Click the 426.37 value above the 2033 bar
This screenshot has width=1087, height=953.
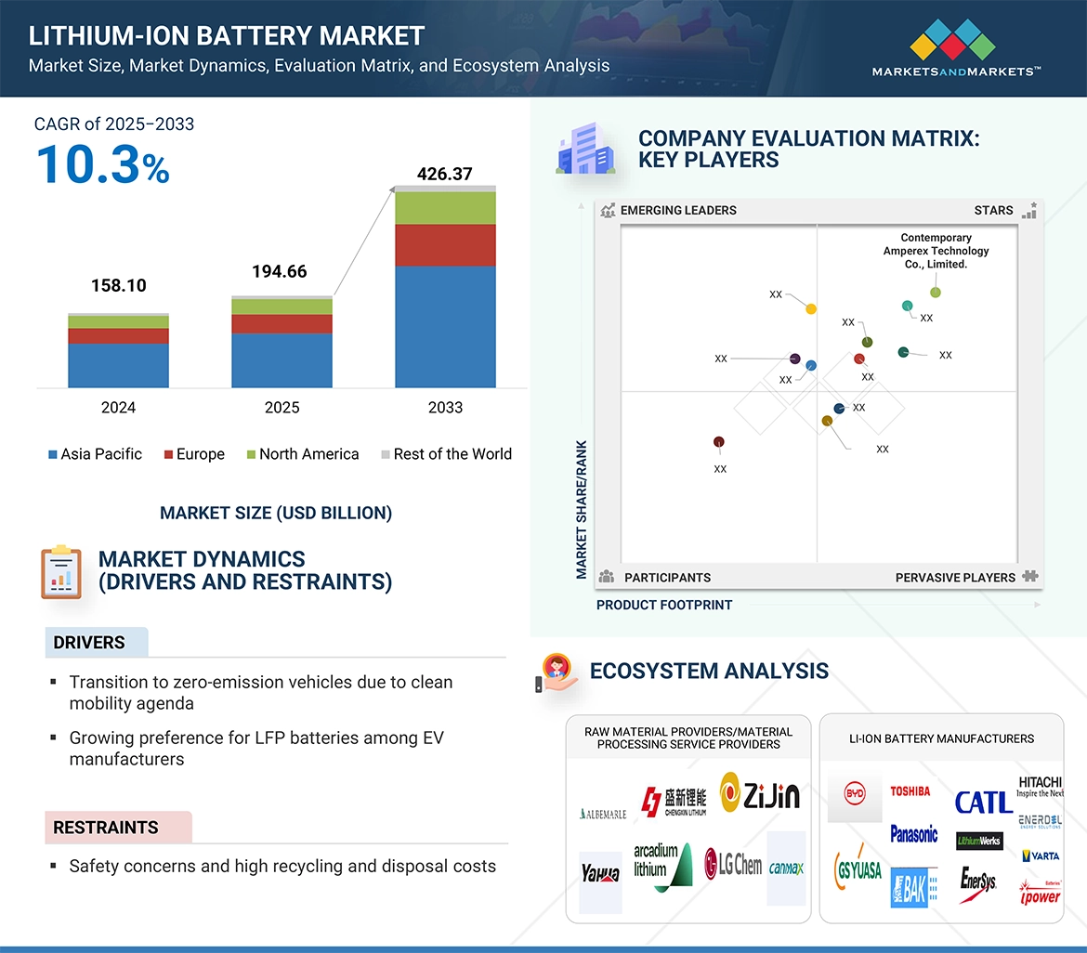(445, 174)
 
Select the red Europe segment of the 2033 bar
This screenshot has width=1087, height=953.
(445, 245)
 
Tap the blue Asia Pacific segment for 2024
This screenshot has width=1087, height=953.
(118, 365)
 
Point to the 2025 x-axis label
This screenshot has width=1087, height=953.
(282, 408)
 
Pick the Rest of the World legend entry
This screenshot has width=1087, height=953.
(446, 454)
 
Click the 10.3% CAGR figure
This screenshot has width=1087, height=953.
(102, 165)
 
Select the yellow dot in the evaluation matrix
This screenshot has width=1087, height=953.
(811, 308)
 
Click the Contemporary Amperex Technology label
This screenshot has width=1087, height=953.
(936, 251)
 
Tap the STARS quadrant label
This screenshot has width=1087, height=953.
(993, 211)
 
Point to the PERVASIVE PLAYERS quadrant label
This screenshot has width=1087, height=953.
(955, 578)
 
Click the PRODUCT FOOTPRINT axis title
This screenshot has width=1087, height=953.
(664, 605)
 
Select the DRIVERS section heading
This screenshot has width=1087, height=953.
(89, 643)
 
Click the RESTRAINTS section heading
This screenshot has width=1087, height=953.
(106, 828)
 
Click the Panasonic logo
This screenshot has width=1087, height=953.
(913, 833)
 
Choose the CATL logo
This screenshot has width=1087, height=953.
(983, 802)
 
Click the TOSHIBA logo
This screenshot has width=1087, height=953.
(910, 791)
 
